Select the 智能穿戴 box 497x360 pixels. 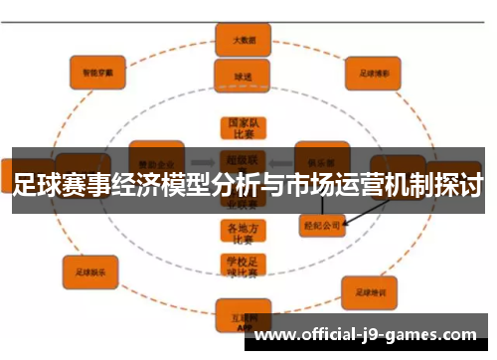click(x=97, y=72)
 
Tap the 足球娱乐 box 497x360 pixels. click(x=90, y=269)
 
